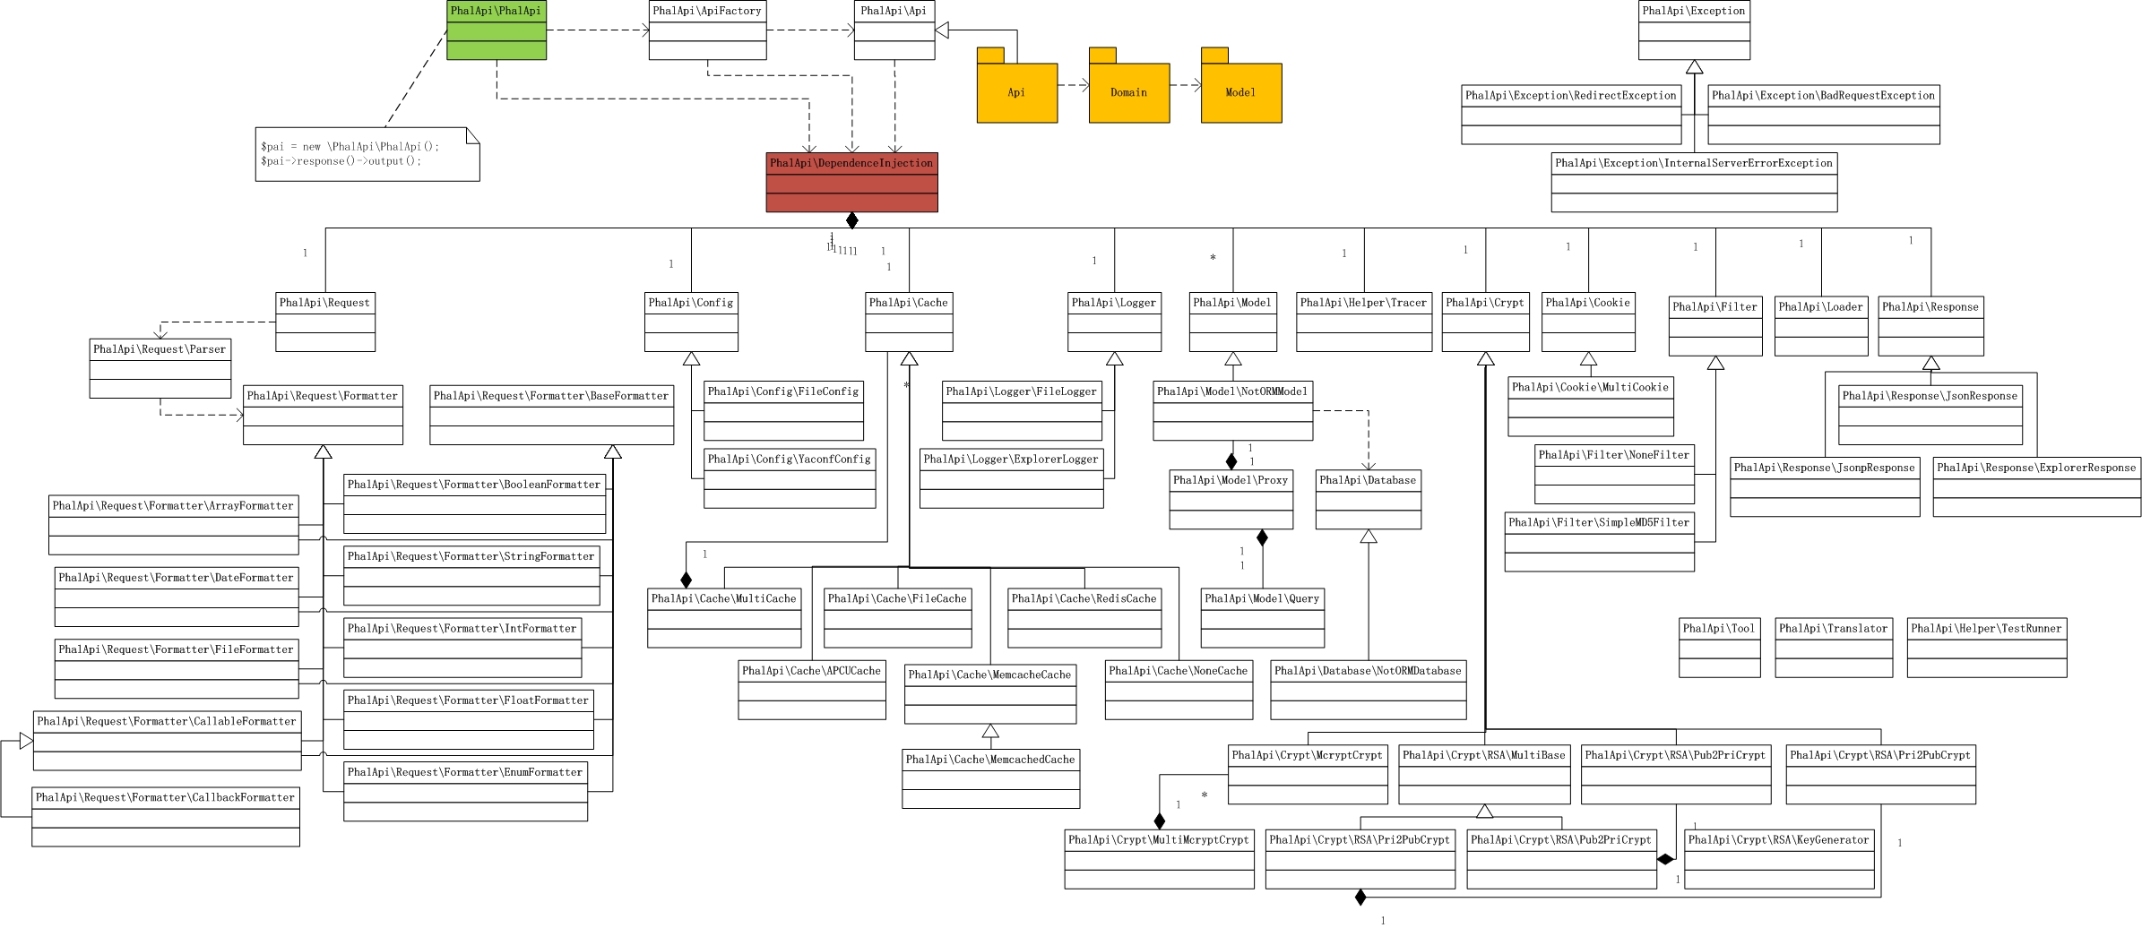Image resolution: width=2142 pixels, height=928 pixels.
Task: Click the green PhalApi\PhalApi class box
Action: (x=497, y=30)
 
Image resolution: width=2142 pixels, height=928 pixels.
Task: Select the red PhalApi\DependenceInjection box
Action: (x=851, y=183)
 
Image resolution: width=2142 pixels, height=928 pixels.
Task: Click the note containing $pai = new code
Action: (x=367, y=154)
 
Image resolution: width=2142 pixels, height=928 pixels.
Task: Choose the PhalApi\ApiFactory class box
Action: (x=707, y=30)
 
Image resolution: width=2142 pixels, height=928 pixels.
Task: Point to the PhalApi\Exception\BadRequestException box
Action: (x=1824, y=115)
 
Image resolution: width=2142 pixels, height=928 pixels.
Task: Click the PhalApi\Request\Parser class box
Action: (x=160, y=368)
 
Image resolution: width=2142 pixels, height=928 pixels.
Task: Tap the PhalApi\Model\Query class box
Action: (x=1262, y=618)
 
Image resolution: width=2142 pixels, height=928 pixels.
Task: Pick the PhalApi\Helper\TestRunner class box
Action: (x=1987, y=648)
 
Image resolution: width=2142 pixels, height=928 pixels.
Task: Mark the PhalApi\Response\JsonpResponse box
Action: (x=1825, y=487)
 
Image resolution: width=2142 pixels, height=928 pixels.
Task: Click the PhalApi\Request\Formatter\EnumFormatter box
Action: (x=465, y=792)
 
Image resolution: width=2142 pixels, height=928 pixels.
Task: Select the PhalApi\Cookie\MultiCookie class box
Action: (x=1591, y=407)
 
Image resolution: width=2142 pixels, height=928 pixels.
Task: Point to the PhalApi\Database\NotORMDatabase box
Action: (x=1369, y=690)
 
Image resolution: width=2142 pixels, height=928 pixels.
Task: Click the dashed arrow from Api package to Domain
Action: (x=1074, y=86)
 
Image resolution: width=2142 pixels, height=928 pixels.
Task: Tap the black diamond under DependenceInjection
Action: (x=851, y=220)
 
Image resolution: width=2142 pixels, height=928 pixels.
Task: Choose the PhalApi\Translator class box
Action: (x=1834, y=648)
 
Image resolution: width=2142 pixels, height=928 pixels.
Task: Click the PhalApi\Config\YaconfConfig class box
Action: (x=790, y=478)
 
